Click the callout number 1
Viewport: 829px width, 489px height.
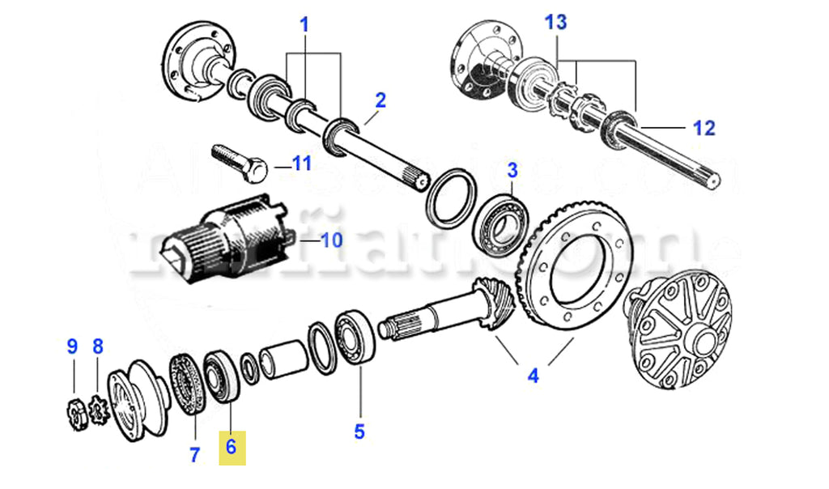304,26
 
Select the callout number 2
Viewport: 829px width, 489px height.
380,101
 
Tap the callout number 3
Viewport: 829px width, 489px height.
512,171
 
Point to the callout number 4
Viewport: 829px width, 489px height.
533,376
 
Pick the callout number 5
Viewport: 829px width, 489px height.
359,432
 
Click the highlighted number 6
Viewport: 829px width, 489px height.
231,447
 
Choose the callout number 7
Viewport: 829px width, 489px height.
194,455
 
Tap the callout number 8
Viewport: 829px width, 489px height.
98,347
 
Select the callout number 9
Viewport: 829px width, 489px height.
72,347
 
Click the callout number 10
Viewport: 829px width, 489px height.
332,240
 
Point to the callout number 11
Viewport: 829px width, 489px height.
301,164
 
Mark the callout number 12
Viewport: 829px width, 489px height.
704,128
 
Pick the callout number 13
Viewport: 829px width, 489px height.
556,23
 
